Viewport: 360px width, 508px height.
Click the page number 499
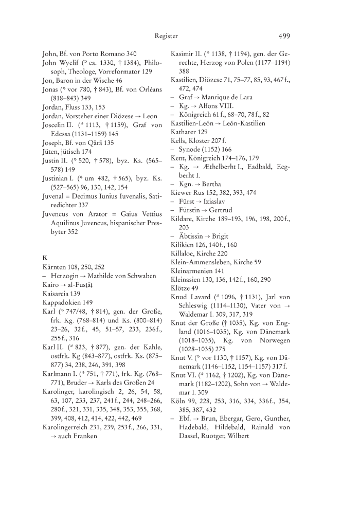point(284,36)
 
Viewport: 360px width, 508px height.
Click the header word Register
point(166,36)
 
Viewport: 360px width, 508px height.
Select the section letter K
point(44,257)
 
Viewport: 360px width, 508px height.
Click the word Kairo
point(51,285)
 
